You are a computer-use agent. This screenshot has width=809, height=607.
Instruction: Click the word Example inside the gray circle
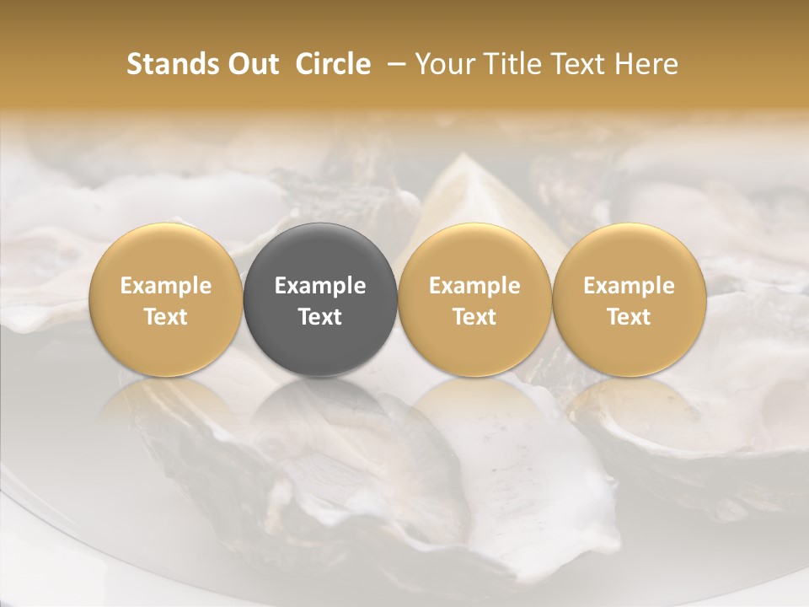click(320, 286)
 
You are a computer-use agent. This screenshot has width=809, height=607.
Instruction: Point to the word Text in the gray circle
click(320, 317)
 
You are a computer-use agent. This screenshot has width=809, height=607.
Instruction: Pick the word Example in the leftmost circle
click(166, 286)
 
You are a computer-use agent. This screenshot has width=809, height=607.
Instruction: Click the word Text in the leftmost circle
click(166, 317)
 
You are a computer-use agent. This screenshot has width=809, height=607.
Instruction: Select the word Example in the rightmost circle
click(630, 286)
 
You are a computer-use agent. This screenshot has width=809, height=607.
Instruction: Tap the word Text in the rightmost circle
click(630, 317)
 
